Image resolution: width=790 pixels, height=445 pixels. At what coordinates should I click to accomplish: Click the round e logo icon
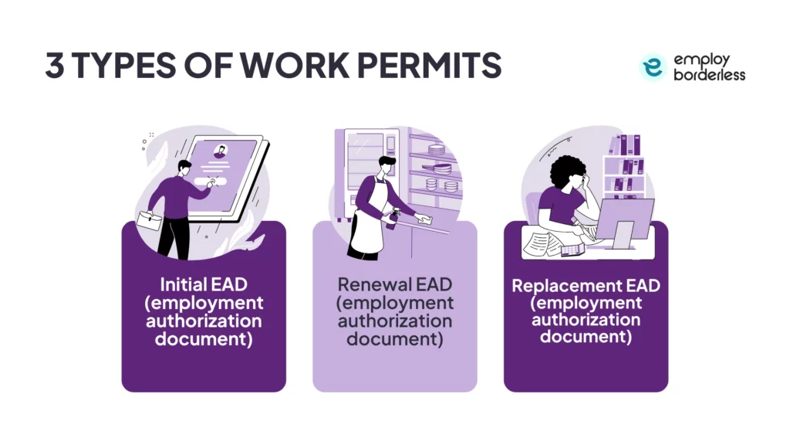(653, 68)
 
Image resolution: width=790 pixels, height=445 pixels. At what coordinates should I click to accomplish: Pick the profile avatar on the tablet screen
(221, 151)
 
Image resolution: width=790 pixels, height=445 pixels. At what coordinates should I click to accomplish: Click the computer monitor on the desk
(623, 219)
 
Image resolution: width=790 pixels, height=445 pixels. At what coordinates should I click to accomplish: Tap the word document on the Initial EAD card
(204, 338)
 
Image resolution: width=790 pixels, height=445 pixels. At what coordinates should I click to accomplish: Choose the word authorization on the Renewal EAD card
(395, 321)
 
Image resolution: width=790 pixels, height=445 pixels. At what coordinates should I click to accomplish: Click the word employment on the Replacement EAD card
(586, 303)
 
